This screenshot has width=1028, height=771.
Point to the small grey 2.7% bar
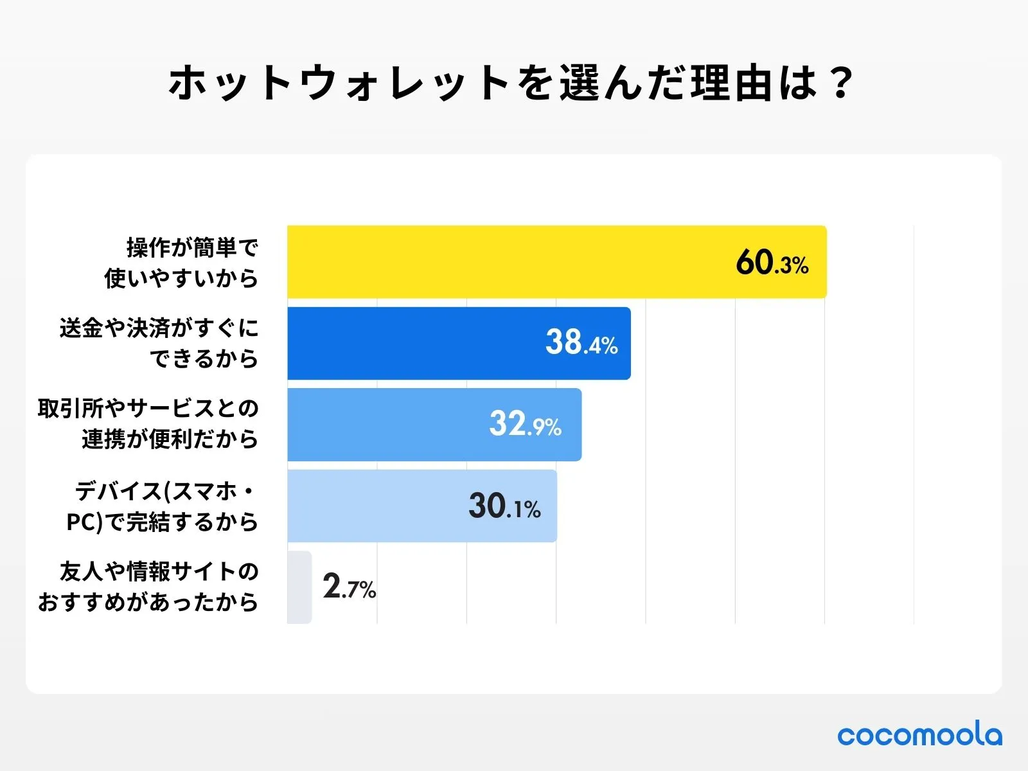[x=299, y=587]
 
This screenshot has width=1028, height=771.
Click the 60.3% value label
[x=772, y=263]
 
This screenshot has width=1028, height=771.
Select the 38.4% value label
[x=581, y=343]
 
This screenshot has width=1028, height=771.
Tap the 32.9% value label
[x=525, y=425]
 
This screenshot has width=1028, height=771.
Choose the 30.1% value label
[x=504, y=506]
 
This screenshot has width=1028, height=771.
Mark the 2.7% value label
[x=349, y=587]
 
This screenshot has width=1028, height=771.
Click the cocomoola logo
[x=919, y=735]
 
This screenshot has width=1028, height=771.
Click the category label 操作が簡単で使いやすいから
[x=182, y=262]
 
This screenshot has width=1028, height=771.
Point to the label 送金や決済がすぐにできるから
[x=159, y=343]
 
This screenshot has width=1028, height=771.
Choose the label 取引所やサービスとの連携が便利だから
[x=148, y=424]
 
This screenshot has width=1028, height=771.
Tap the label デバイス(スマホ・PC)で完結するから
[x=163, y=506]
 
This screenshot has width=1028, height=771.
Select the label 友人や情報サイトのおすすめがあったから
[x=148, y=587]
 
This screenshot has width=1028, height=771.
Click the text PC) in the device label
[x=84, y=522]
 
